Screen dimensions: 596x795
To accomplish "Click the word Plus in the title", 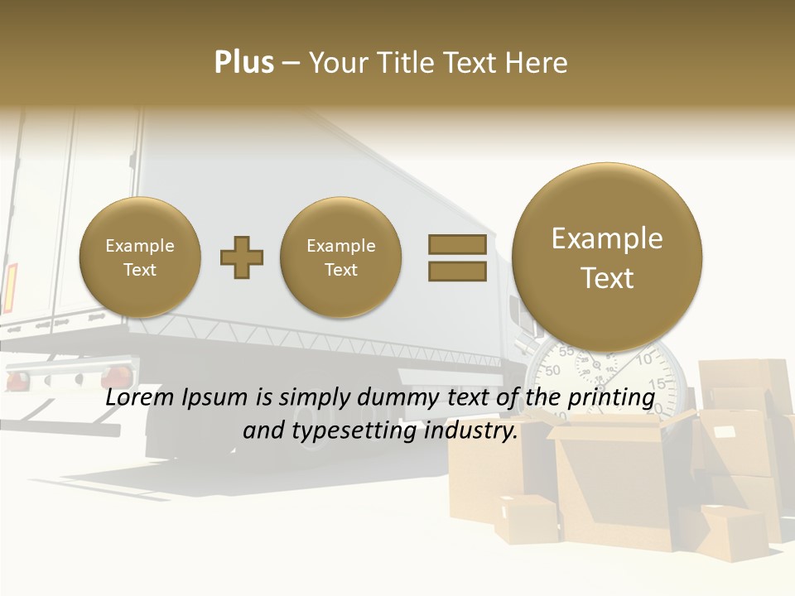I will click(243, 63).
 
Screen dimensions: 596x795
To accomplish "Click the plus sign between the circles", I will click(242, 257).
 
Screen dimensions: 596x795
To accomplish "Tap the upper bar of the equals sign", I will click(457, 244).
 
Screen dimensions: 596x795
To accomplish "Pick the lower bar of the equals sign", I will click(457, 272).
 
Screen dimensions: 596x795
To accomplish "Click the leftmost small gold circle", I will click(140, 257).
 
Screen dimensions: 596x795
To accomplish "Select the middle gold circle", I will click(341, 257).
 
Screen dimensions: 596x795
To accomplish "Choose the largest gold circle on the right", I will click(607, 257).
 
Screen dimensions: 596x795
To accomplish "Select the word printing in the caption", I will click(613, 397).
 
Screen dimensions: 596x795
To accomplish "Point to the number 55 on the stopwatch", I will click(566, 351).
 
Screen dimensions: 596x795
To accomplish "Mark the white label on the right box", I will click(725, 432).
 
